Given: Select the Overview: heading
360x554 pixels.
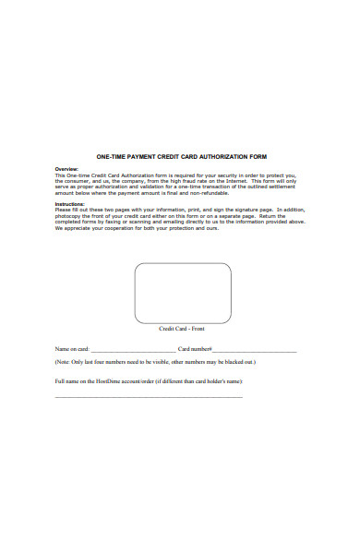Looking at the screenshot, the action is [x=66, y=169].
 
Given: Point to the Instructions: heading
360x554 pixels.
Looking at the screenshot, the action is [x=70, y=203].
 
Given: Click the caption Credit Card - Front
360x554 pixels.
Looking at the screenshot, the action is [x=183, y=328].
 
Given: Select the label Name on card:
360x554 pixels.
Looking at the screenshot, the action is [x=72, y=350].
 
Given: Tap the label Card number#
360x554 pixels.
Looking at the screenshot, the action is [x=195, y=350].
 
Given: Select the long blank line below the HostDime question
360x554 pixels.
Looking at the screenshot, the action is [x=149, y=397].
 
